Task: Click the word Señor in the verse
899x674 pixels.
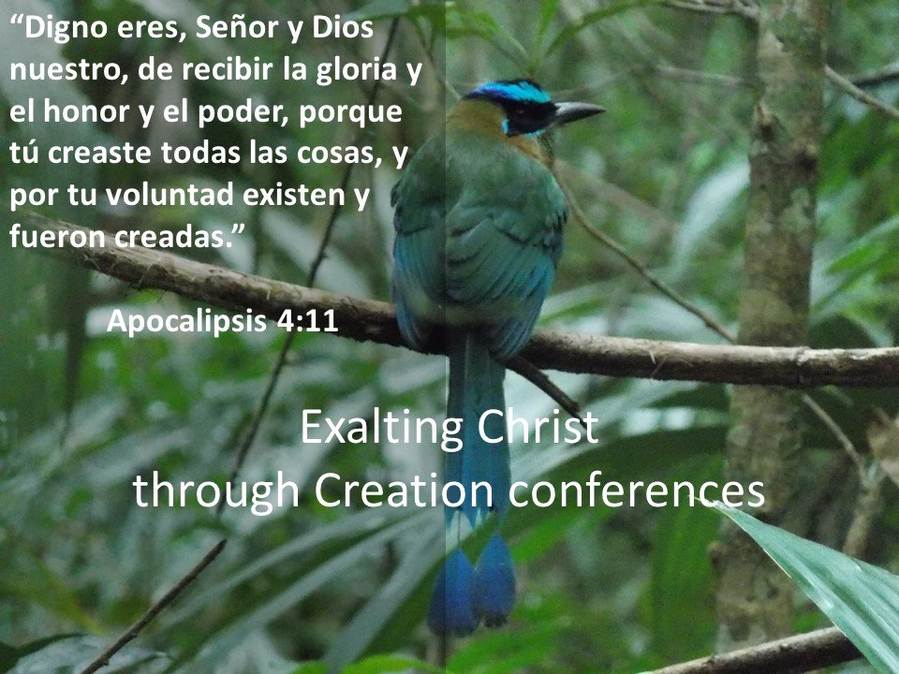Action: click(237, 27)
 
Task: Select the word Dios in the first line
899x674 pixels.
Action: click(343, 27)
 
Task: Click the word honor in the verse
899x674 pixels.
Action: click(87, 111)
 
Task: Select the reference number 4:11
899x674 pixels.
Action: click(307, 321)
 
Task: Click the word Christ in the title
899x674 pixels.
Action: click(538, 427)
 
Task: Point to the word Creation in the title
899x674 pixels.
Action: click(404, 491)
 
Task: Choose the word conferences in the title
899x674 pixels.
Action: click(637, 491)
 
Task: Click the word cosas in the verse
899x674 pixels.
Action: click(342, 154)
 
